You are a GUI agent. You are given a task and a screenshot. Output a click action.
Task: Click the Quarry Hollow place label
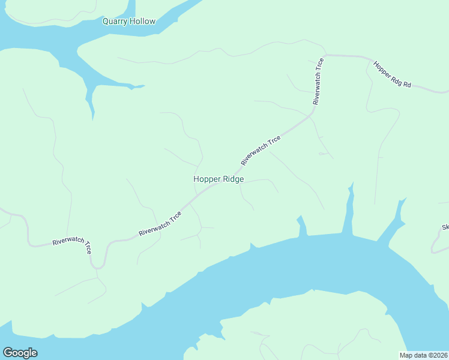pyautogui.click(x=128, y=22)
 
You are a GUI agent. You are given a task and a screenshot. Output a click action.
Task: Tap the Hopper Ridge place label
pyautogui.click(x=218, y=179)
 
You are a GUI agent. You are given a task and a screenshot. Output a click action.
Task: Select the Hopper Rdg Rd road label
pyautogui.click(x=392, y=74)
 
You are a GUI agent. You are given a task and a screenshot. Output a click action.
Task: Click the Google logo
pyautogui.click(x=20, y=352)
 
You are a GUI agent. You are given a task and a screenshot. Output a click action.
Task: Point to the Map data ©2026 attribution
pyautogui.click(x=423, y=355)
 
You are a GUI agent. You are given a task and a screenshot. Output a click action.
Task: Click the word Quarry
pyautogui.click(x=115, y=22)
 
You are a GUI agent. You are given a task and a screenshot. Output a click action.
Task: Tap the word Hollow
pyautogui.click(x=142, y=22)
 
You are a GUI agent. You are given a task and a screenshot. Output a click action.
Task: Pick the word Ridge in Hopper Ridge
pyautogui.click(x=233, y=179)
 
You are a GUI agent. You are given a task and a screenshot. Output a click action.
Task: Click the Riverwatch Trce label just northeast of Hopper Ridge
pyautogui.click(x=261, y=151)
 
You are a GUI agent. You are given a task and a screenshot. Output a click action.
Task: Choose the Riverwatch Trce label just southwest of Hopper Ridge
pyautogui.click(x=160, y=224)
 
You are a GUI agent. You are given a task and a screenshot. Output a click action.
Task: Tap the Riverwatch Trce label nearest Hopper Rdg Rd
pyautogui.click(x=318, y=81)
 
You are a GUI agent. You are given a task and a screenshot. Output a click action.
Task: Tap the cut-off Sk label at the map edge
pyautogui.click(x=445, y=227)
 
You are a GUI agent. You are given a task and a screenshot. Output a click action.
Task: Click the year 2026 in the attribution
pyautogui.click(x=439, y=355)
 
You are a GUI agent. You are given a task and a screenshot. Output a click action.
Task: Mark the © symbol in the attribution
pyautogui.click(x=429, y=355)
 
